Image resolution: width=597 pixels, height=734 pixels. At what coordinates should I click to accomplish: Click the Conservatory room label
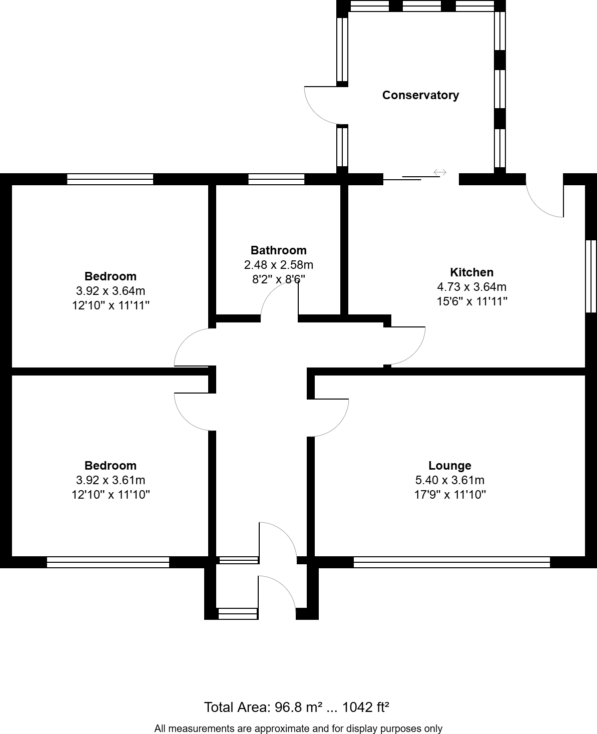tap(420, 95)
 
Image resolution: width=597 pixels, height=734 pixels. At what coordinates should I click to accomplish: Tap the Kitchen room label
tap(471, 272)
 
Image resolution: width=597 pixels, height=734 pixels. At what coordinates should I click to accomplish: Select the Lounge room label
tap(449, 466)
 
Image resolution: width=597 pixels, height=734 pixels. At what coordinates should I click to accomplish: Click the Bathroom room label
tap(278, 250)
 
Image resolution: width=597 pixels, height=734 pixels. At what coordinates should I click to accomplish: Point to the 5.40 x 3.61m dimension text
tap(449, 480)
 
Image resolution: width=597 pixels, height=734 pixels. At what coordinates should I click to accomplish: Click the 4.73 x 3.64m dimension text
tap(471, 287)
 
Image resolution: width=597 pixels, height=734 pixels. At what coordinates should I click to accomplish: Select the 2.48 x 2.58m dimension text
tap(278, 265)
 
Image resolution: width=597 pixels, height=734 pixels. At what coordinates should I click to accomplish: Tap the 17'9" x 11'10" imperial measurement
tap(449, 495)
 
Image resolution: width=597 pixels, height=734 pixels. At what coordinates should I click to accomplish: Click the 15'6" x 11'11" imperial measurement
tap(471, 301)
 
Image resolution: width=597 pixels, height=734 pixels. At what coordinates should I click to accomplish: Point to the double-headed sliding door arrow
tap(439, 173)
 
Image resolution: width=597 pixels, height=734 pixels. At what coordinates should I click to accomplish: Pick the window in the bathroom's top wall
tap(276, 179)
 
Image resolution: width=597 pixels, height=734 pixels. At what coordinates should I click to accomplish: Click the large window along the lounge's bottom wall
tap(451, 562)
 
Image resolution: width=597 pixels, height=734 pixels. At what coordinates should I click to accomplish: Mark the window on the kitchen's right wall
tap(591, 276)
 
